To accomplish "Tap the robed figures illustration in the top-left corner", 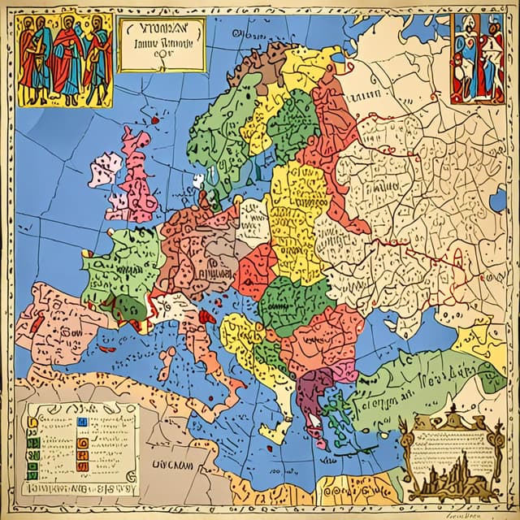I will pyautogui.click(x=64, y=58).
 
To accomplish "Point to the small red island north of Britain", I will pyautogui.click(x=153, y=120).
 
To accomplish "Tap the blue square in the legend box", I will pyautogui.click(x=80, y=422).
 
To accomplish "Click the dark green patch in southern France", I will pyautogui.click(x=128, y=307).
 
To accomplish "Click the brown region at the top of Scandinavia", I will pyautogui.click(x=262, y=69).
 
